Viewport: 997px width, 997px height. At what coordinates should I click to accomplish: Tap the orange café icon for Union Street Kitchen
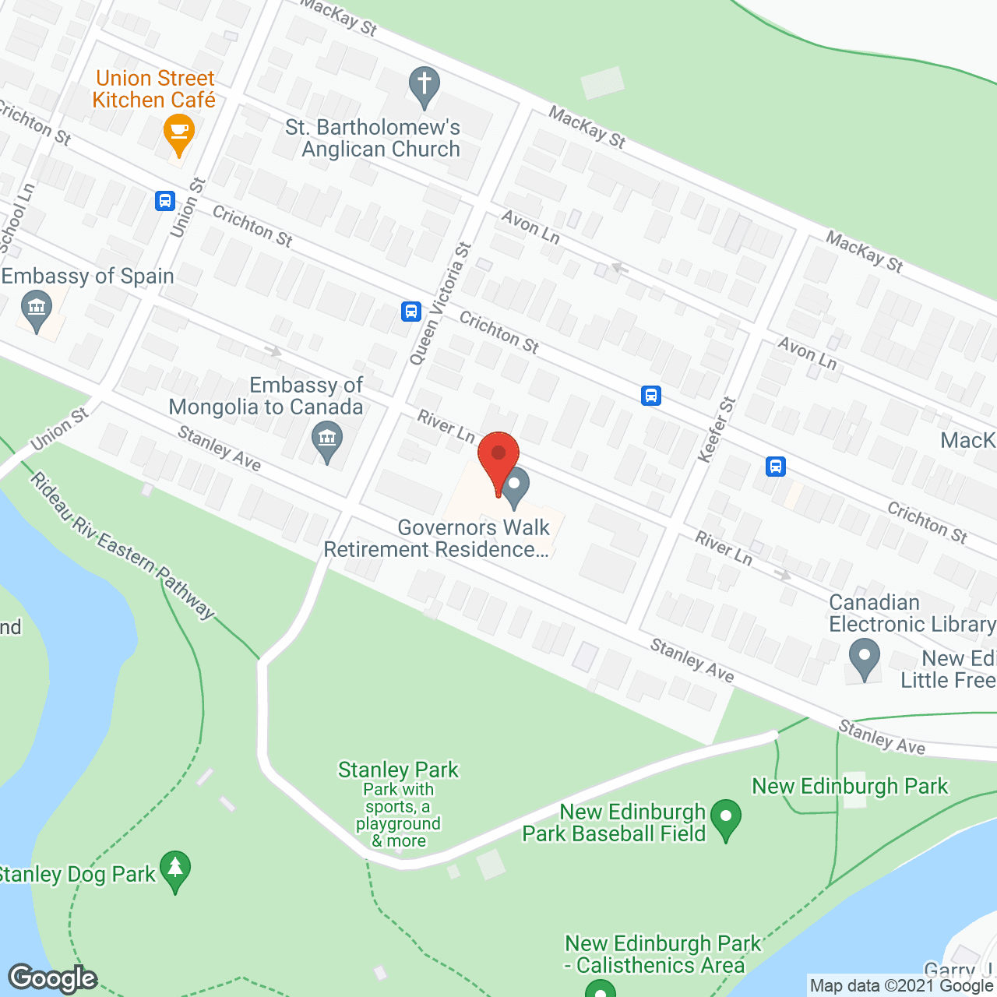point(179,133)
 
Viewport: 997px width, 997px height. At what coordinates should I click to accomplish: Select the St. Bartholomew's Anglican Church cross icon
point(425,86)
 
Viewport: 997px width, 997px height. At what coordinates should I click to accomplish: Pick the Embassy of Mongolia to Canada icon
point(327,440)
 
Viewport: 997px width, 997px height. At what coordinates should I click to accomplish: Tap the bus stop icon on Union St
point(164,201)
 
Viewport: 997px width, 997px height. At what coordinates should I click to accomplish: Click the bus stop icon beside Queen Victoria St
point(411,312)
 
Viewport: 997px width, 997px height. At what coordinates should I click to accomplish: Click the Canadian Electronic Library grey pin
point(865,658)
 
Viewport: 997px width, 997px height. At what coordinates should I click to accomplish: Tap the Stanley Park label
point(398,770)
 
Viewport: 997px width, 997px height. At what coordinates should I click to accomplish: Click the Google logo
point(53,978)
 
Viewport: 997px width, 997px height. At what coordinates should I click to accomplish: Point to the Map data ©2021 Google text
point(902,986)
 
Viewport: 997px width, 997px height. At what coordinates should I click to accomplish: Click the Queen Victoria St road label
point(441,305)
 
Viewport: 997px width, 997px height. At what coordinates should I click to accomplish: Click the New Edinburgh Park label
point(850,786)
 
